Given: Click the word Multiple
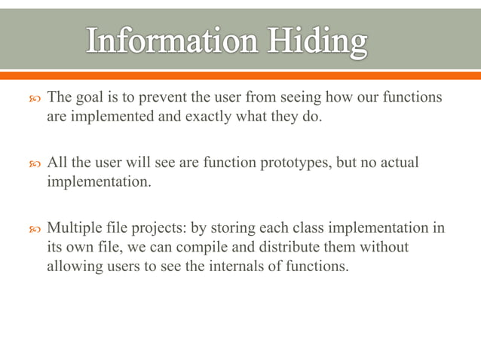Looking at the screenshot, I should pos(75,228).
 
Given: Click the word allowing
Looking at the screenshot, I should pos(72,266).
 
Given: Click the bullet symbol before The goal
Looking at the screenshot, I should pos(31,99).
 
